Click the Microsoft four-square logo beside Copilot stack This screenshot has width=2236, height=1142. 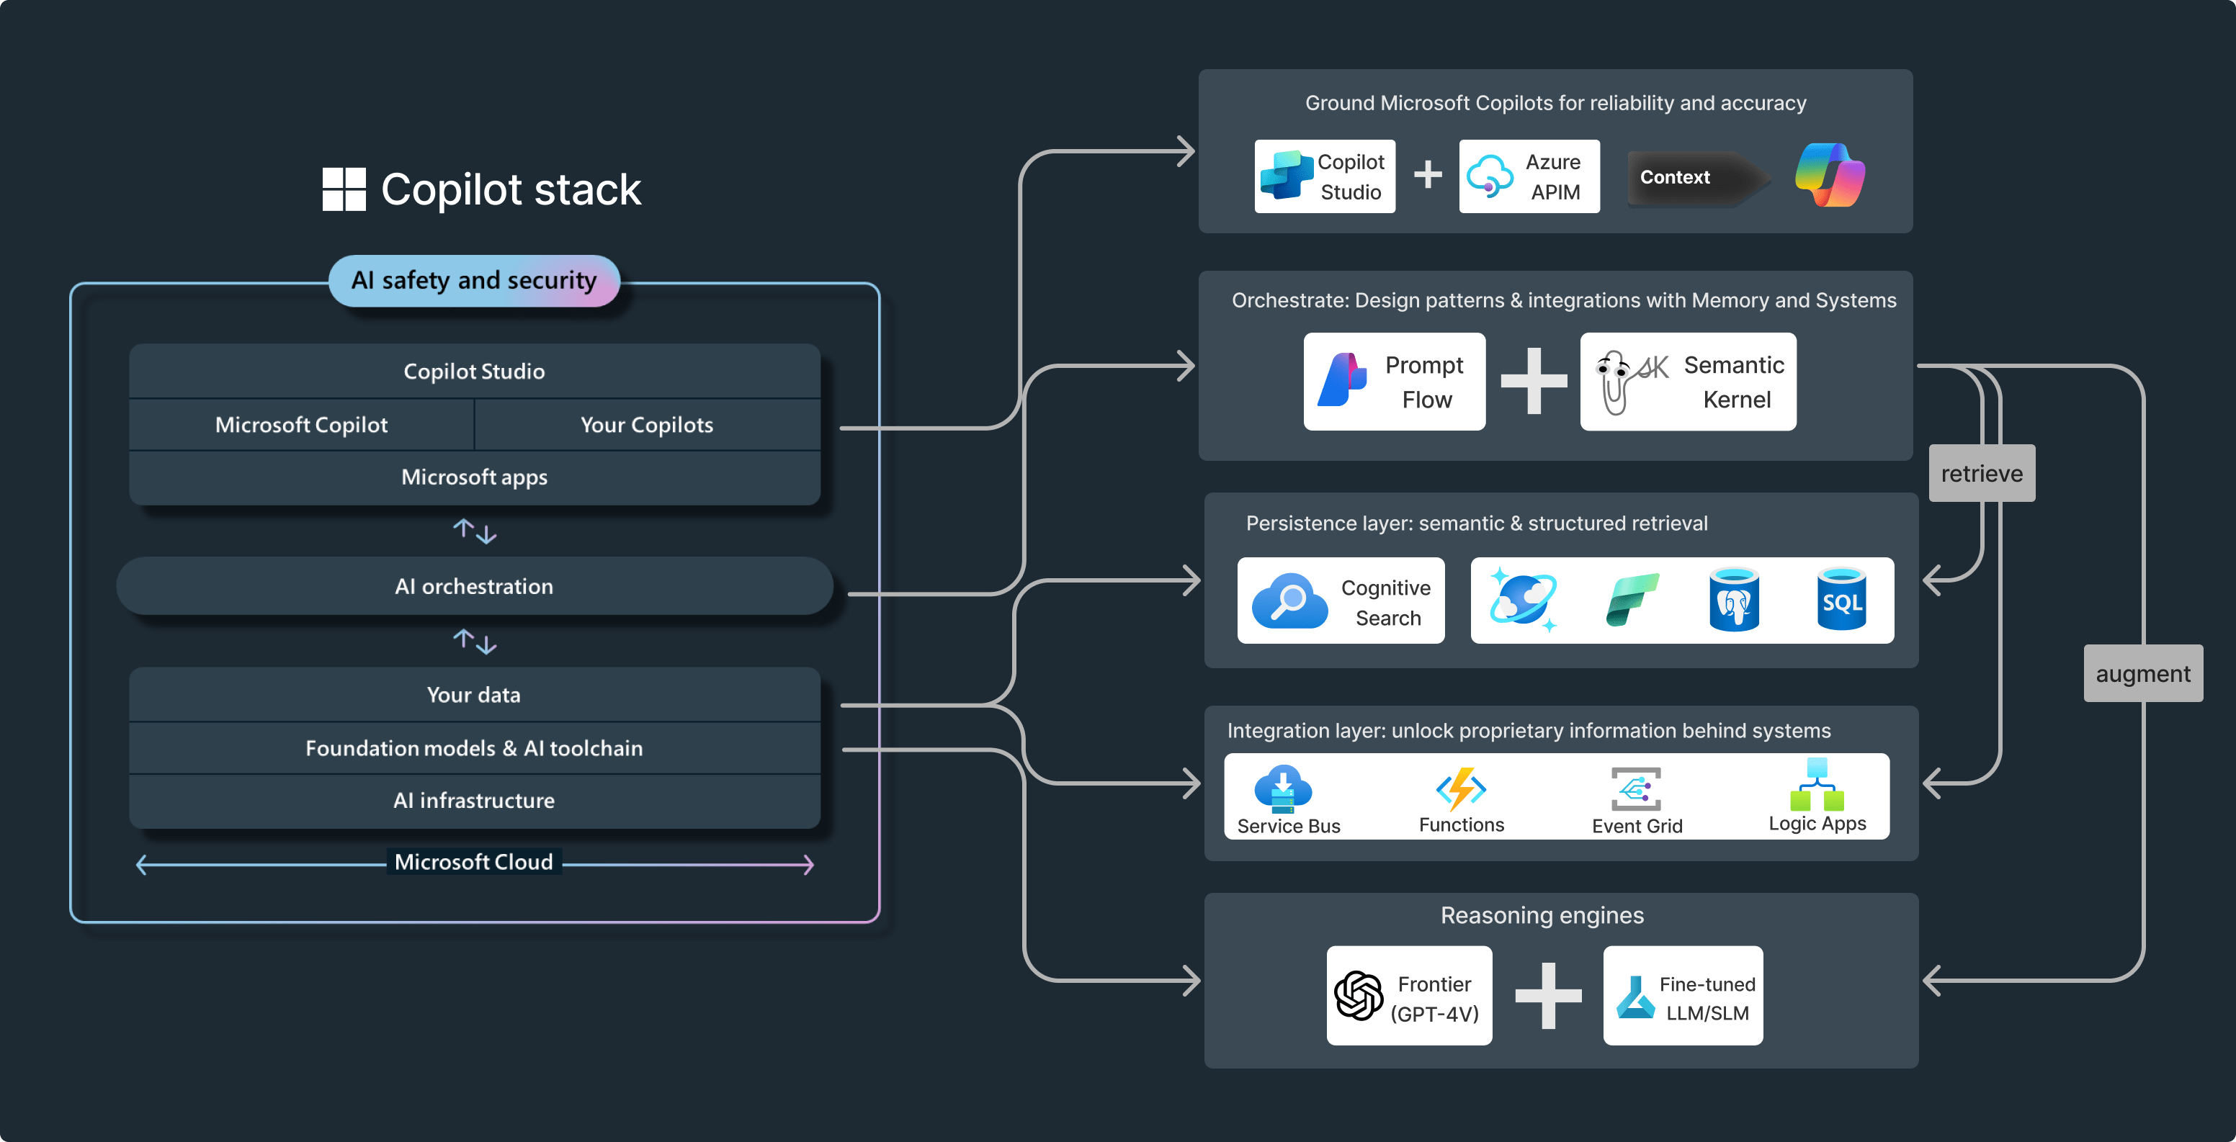coord(344,189)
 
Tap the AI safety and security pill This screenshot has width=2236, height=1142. coord(474,280)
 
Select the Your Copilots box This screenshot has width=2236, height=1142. coord(647,424)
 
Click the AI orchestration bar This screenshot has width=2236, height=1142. coord(474,587)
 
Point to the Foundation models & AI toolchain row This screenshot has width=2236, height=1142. coord(474,748)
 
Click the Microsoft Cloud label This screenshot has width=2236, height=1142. coord(474,862)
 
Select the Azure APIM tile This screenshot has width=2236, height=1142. coord(1529,176)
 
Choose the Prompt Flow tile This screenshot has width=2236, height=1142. coord(1394,382)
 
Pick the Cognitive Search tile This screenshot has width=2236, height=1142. coord(1341,601)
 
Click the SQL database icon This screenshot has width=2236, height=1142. coord(1841,600)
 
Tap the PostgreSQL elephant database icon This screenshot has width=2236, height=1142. coord(1733,600)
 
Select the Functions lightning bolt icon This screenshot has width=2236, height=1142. coord(1462,788)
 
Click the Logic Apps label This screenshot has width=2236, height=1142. coord(1817,824)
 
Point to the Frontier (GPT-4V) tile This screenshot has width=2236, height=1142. coord(1409,997)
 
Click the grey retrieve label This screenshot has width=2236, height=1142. coord(1982,474)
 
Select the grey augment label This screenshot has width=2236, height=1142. coord(2142,673)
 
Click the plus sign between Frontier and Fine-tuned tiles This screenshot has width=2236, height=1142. coord(1547,997)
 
